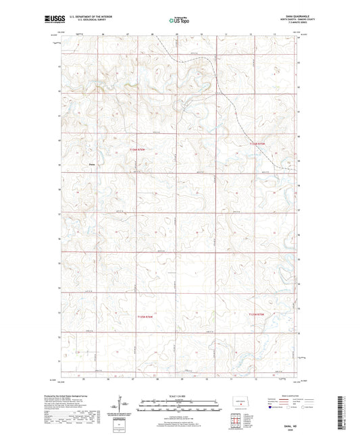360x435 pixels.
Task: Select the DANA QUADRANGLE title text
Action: [286, 17]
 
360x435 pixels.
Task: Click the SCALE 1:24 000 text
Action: [180, 395]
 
